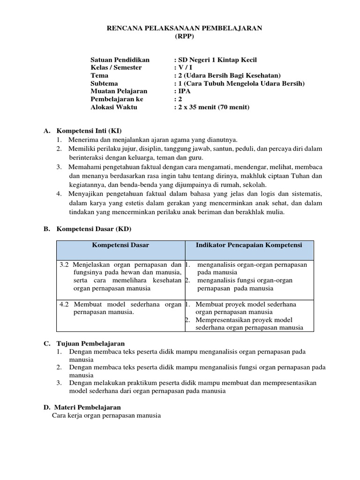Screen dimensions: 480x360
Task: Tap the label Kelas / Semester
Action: click(116, 67)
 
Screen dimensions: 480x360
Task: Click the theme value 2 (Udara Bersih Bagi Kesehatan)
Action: click(228, 75)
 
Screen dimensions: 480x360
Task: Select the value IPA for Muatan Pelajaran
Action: click(184, 91)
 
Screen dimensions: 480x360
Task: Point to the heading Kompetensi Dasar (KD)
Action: click(94, 229)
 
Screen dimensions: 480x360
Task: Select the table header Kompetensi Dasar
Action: click(120, 245)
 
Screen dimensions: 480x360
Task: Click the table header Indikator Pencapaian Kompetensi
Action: click(249, 245)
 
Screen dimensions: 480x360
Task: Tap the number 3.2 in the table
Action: click(65, 264)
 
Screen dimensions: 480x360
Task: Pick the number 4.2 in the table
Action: click(65, 304)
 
